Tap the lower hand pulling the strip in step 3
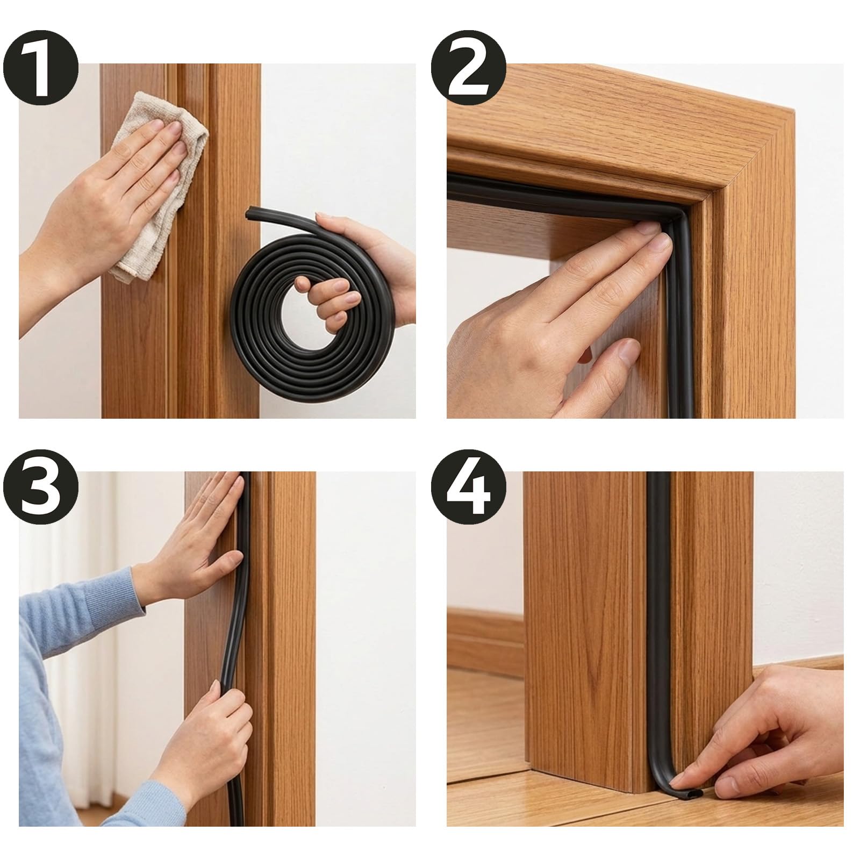point(199,736)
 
